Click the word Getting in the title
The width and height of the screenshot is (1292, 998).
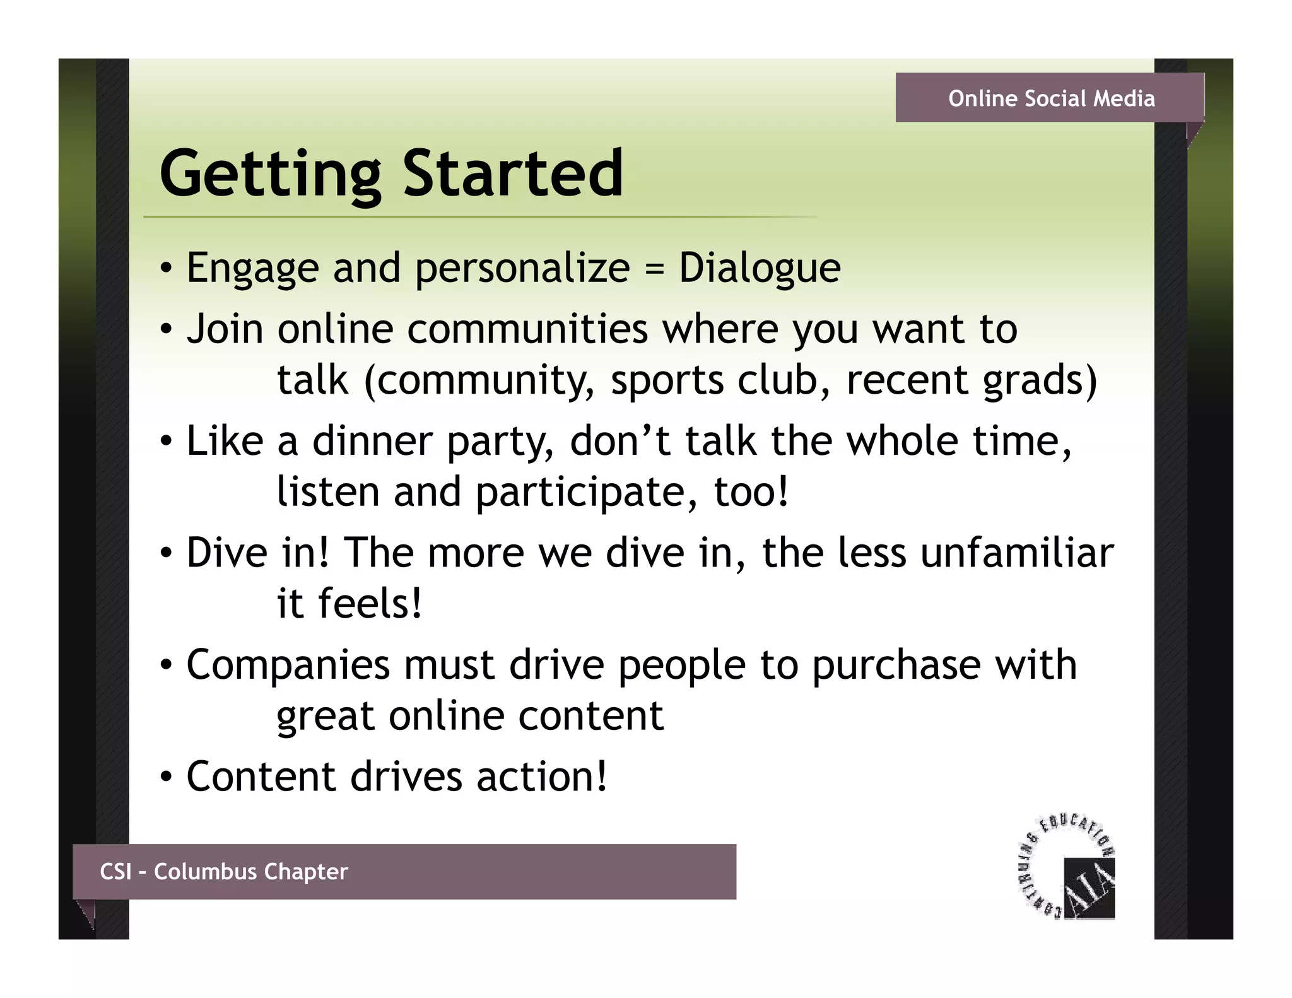270,173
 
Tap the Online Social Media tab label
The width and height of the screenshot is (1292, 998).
1051,98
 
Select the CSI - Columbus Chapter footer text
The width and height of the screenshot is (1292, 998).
224,871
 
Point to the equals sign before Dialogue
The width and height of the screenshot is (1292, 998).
655,269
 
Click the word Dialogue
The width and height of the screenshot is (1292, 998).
760,269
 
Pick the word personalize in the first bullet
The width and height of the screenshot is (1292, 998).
522,269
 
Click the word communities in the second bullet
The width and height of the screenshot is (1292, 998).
527,329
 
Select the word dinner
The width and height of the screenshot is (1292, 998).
372,441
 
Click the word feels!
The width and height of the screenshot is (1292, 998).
370,603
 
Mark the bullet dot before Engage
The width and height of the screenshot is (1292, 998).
165,270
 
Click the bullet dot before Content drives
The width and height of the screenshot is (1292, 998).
165,778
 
